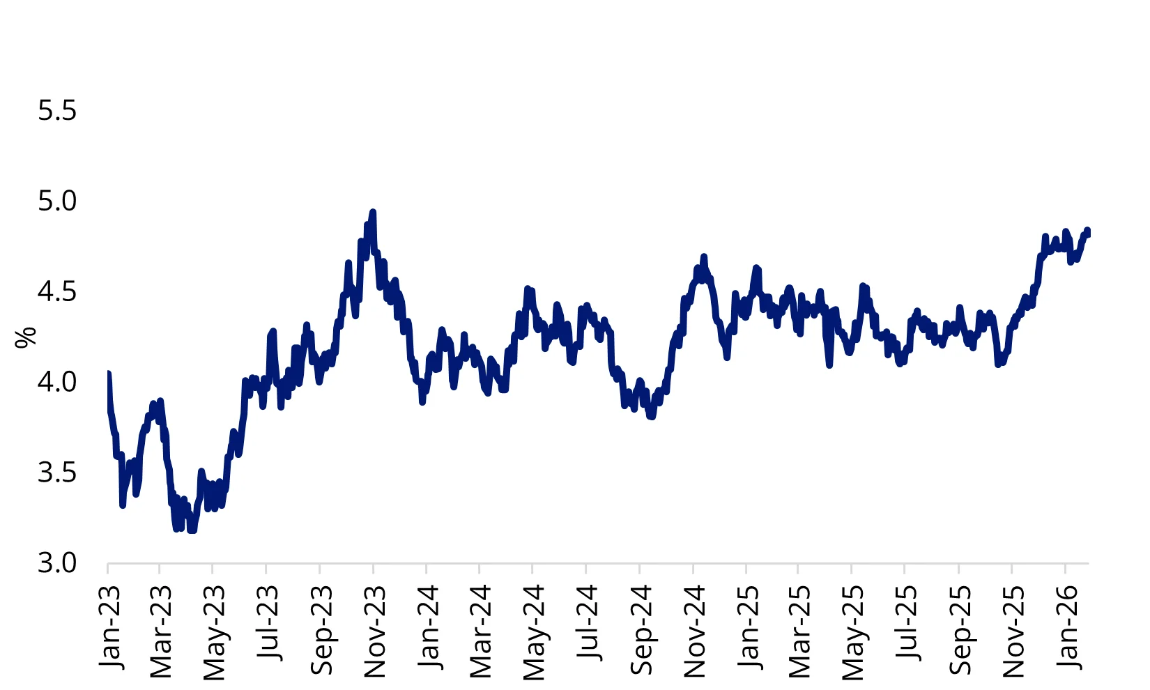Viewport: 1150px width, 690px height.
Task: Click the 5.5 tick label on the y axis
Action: click(x=57, y=111)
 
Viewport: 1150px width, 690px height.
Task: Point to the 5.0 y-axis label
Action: click(x=57, y=201)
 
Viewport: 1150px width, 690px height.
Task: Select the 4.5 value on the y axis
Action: click(x=57, y=291)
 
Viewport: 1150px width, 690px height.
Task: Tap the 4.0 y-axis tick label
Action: click(x=57, y=382)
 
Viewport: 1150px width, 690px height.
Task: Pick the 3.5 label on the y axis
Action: click(x=57, y=473)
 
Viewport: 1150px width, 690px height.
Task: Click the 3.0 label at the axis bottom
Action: click(x=57, y=562)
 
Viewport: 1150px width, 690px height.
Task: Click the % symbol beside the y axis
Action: click(x=26, y=337)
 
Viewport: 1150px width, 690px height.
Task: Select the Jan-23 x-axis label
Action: click(x=109, y=627)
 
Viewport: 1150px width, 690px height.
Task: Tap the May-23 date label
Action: click(x=215, y=631)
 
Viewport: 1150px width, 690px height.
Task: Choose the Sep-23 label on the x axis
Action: click(x=321, y=629)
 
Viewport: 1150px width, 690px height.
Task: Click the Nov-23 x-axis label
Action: click(x=374, y=631)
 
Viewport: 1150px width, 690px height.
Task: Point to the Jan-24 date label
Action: click(x=428, y=627)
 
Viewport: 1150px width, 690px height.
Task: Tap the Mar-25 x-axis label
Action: click(x=799, y=631)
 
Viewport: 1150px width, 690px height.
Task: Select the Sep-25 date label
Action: click(x=960, y=629)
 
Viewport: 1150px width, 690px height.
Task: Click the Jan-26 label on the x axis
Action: click(x=1067, y=627)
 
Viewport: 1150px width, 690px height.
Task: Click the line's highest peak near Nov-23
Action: click(x=373, y=211)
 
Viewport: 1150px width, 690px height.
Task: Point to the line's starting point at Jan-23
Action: click(x=108, y=374)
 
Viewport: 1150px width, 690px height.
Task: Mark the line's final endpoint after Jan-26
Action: click(x=1087, y=231)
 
